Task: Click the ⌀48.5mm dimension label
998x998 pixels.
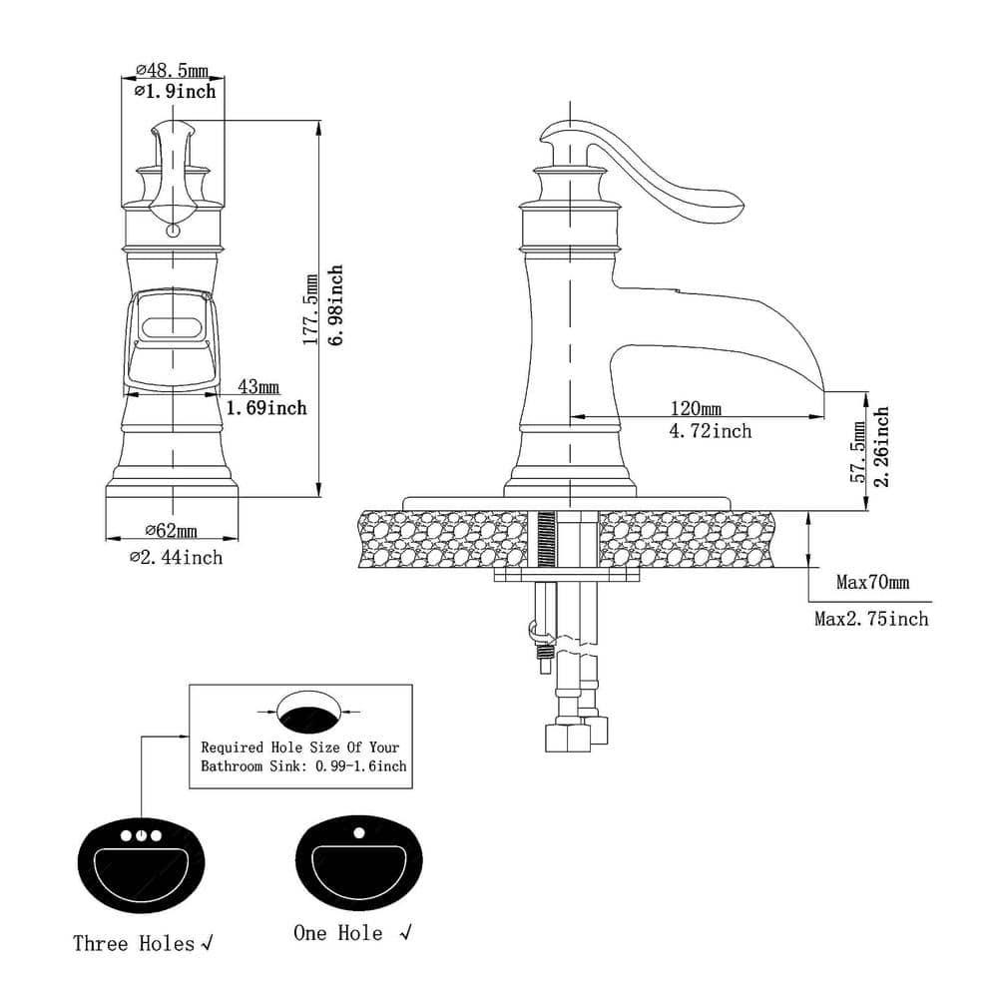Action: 171,70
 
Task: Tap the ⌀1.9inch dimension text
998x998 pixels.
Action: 174,91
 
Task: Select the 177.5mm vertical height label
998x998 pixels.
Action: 311,305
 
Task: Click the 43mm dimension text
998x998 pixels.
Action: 257,386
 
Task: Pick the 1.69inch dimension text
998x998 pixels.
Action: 265,407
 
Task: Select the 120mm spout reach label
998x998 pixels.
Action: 696,409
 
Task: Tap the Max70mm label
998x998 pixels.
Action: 873,582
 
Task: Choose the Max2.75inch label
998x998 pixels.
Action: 871,619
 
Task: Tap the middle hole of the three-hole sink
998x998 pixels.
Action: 142,834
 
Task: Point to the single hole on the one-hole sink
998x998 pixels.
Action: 357,831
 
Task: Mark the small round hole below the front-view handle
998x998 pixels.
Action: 172,231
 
